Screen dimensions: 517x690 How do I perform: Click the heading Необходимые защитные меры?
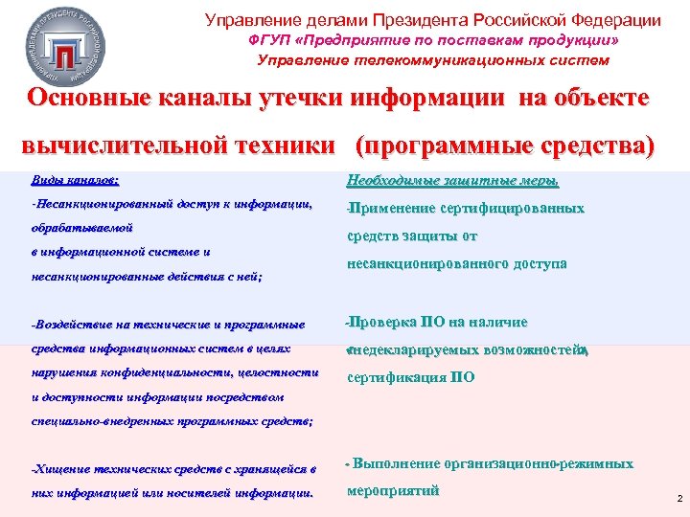[452, 181]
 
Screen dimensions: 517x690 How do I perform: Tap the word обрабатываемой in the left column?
[81, 229]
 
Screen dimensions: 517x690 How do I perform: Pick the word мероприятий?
[393, 491]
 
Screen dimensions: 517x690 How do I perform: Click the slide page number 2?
[678, 499]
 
